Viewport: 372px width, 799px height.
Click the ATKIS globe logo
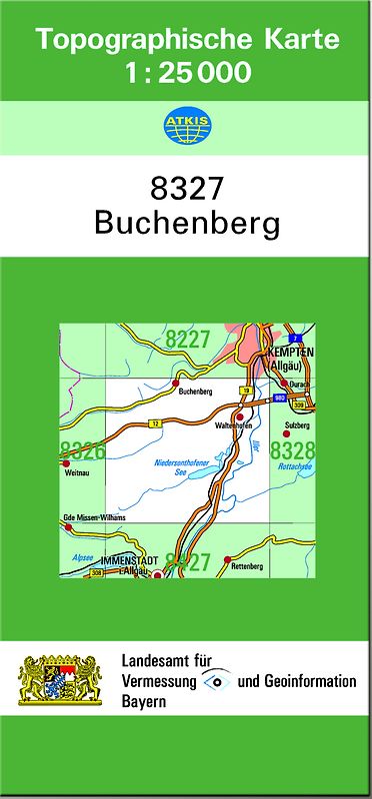tap(185, 126)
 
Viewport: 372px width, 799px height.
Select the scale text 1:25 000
tap(187, 73)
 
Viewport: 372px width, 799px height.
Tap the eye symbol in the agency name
tap(215, 681)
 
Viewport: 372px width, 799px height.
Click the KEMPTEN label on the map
tap(290, 354)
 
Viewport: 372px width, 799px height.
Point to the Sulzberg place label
tap(298, 424)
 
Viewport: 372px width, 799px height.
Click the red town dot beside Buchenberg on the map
tap(176, 383)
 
